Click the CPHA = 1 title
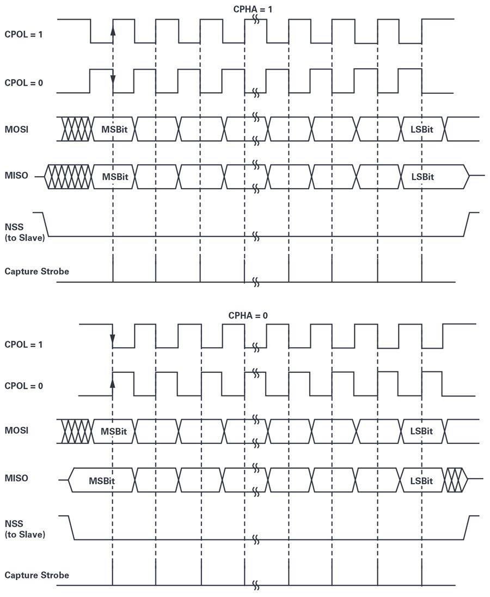point(253,9)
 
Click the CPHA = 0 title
point(248,316)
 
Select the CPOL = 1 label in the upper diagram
point(23,35)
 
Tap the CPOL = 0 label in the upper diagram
point(23,83)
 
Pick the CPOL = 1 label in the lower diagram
point(23,345)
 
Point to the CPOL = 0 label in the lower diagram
point(23,386)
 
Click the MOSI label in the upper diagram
point(16,129)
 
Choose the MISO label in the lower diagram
point(16,478)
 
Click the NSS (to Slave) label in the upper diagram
point(24,232)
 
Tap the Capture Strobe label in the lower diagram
point(37,575)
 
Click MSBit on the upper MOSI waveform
point(114,129)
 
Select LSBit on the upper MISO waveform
point(422,177)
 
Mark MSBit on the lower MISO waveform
point(102,481)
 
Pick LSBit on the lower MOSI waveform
point(421,431)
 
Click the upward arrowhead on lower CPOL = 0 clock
point(113,383)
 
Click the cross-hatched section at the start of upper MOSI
point(77,129)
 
